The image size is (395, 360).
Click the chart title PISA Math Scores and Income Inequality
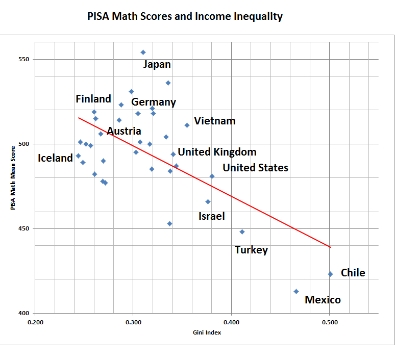coord(185,16)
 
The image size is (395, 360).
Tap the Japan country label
coord(157,64)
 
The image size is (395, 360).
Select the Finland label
coord(93,99)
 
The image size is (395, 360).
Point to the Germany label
coord(154,102)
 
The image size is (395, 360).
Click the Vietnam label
coord(215,121)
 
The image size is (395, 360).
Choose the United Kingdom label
coord(217,152)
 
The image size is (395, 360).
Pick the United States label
coord(255,167)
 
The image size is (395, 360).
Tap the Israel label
coord(211,216)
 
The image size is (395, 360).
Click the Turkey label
coord(251,250)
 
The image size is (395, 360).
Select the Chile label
coord(353,273)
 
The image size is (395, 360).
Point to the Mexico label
coord(323,300)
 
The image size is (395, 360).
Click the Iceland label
coord(56,158)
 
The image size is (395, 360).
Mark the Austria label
coord(124,131)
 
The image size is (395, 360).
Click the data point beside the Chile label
coord(330,274)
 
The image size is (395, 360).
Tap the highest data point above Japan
coord(143,52)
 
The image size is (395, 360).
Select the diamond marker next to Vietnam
coord(187,125)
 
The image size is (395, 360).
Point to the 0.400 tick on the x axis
coord(231,322)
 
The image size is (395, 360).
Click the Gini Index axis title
coord(207,332)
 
